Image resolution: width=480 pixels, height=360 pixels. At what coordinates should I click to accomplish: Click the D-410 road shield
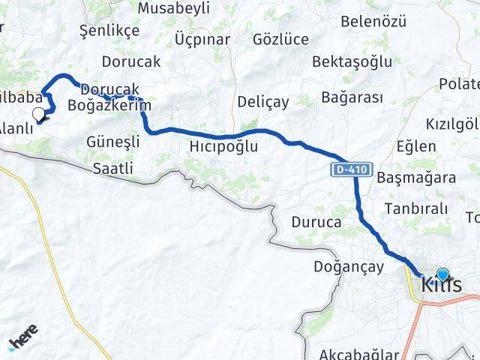(352, 170)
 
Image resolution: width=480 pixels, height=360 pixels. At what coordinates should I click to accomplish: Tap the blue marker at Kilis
(442, 275)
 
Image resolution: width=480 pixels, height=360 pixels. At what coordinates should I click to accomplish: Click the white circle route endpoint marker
(38, 114)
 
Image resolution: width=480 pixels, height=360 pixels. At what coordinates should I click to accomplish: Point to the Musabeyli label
(173, 8)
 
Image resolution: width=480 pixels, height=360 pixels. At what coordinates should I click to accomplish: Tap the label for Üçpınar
(202, 40)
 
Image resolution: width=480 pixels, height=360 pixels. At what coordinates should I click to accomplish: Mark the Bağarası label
(352, 97)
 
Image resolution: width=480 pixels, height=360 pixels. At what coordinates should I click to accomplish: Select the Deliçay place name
(258, 101)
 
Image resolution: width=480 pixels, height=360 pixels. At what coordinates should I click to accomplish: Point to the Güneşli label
(113, 141)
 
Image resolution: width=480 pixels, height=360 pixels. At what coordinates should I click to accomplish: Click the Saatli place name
(113, 169)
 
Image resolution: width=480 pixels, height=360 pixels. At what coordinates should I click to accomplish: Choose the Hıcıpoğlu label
(223, 146)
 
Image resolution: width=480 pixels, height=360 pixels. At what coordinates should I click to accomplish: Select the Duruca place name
(316, 223)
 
